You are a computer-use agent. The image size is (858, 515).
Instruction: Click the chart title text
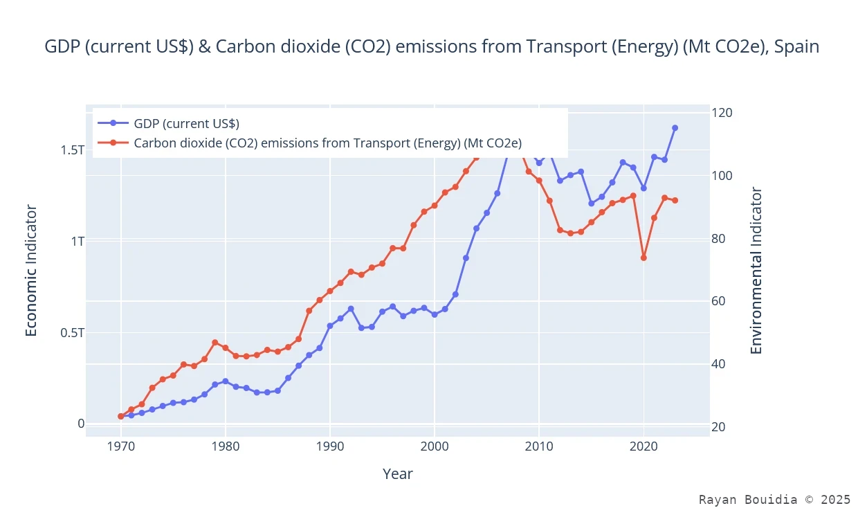click(432, 47)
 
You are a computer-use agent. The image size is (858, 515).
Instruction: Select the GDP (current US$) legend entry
click(186, 124)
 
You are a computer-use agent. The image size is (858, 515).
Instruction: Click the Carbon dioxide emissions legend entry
click(327, 143)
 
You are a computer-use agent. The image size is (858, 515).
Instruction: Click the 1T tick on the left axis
click(76, 242)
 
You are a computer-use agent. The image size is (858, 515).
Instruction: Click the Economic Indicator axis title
click(31, 271)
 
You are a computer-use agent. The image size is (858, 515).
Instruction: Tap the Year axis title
click(398, 474)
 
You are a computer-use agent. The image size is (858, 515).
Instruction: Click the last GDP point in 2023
click(675, 128)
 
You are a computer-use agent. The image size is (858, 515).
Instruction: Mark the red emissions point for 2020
click(643, 257)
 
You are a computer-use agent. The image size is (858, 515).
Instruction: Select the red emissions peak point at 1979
click(215, 343)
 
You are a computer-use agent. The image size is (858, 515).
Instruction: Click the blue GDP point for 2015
click(591, 204)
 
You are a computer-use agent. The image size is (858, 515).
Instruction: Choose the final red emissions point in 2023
click(675, 201)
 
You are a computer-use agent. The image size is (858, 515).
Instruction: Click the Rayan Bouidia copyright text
click(774, 499)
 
